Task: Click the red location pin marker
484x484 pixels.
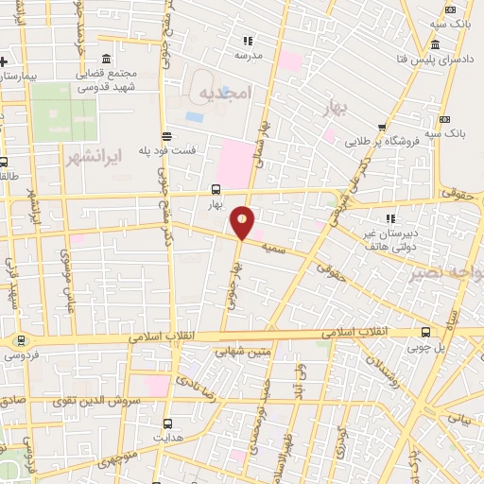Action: point(243,222)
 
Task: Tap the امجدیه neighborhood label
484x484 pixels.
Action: point(226,92)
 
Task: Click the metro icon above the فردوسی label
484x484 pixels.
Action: point(20,340)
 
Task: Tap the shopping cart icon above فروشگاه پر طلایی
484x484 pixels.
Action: point(381,128)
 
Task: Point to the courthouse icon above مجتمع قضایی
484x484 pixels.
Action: point(104,60)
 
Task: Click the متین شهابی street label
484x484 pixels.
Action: point(248,353)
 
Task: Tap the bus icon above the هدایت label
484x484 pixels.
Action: point(169,423)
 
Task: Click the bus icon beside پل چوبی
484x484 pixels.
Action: point(427,332)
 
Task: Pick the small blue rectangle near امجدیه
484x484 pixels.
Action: point(194,117)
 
